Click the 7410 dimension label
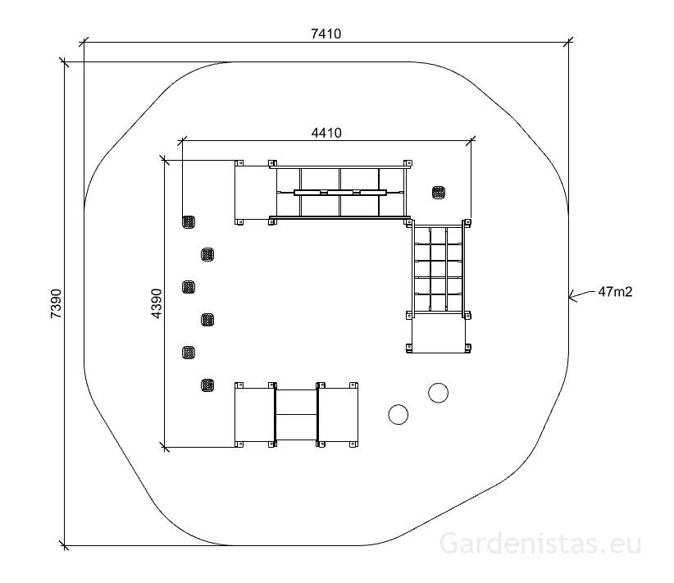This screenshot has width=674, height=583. [326, 34]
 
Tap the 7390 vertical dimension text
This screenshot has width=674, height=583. [57, 303]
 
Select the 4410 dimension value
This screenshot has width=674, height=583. [326, 133]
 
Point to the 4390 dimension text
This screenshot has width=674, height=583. [157, 303]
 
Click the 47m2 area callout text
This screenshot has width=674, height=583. [615, 292]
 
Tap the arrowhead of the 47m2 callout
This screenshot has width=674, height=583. [572, 296]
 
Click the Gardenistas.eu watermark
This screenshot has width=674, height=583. [540, 543]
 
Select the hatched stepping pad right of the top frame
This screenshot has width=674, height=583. [439, 193]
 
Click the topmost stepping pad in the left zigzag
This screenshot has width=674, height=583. [189, 222]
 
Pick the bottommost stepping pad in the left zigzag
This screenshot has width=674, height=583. [207, 385]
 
